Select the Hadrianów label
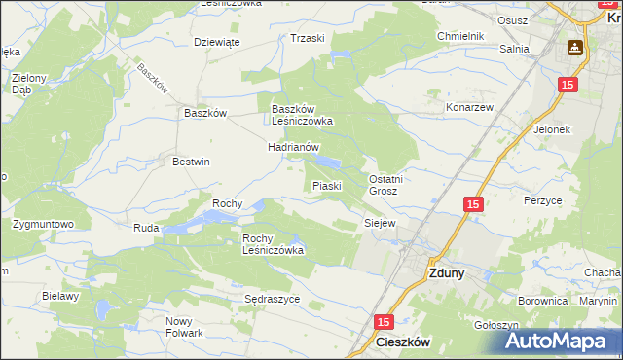coord(294,147)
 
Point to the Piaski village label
coord(325,185)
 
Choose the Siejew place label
coord(380,223)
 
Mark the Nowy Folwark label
coord(184,327)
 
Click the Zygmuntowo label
coord(44,224)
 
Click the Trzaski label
coord(307,38)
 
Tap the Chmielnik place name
coord(460,37)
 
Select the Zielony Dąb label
coord(28,82)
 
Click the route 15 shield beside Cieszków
coord(383,322)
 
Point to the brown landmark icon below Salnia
coord(575,47)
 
